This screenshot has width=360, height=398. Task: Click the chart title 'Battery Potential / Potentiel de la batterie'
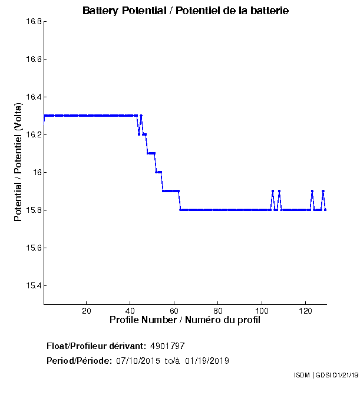click(186, 11)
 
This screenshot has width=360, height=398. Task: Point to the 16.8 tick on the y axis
click(32, 22)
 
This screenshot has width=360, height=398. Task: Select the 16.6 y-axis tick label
click(32, 60)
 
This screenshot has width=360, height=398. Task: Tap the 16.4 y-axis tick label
click(32, 97)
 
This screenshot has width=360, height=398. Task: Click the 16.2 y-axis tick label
click(32, 135)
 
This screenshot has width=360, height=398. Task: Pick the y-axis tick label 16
click(37, 173)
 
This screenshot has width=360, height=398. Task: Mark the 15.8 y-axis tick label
click(32, 210)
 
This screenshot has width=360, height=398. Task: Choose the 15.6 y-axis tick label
click(32, 248)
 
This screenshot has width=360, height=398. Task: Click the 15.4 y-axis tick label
click(32, 286)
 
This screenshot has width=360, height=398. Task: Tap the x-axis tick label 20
click(87, 311)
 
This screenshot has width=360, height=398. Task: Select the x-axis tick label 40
click(130, 311)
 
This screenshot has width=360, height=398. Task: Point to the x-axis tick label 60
click(174, 311)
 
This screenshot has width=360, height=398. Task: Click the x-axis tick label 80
click(218, 311)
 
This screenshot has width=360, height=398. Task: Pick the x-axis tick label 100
click(262, 311)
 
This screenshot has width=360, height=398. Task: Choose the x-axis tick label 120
click(305, 311)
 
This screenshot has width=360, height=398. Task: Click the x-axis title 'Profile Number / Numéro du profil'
click(185, 320)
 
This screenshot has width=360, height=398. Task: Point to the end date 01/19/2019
click(207, 360)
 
